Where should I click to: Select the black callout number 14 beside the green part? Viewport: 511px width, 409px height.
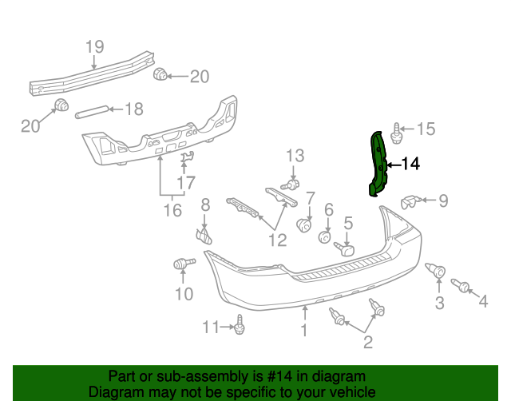click(410, 165)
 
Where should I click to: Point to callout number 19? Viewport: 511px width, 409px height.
click(94, 46)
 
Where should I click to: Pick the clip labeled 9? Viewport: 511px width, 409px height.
click(410, 201)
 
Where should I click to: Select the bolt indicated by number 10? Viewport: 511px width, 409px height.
click(181, 264)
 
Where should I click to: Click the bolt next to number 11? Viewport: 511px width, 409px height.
click(240, 326)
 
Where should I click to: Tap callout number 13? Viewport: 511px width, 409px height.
click(295, 155)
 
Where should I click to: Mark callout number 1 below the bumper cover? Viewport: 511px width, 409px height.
click(303, 331)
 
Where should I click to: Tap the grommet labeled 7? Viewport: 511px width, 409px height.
click(304, 225)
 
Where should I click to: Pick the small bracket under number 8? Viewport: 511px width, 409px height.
click(205, 236)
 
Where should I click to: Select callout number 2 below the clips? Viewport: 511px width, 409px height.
click(368, 343)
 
